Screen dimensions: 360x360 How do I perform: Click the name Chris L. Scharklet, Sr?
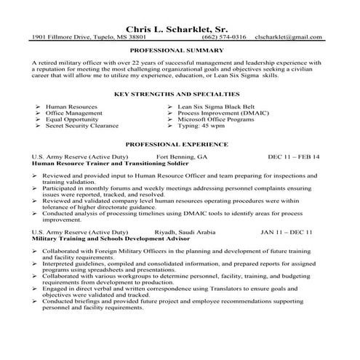177,27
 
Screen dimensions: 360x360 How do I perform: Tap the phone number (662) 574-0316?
223,36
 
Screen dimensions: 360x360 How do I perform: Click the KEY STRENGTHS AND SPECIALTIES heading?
177,95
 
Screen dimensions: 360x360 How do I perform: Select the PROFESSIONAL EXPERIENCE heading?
177,143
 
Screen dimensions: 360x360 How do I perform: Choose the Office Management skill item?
73,113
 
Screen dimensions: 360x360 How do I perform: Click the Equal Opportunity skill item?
72,120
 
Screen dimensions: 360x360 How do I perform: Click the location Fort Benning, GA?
181,157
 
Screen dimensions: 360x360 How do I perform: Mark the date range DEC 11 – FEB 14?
294,157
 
